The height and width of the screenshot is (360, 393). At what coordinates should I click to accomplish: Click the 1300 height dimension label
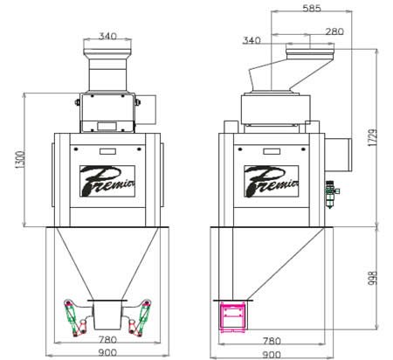pyautogui.click(x=21, y=159)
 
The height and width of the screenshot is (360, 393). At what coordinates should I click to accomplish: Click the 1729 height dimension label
pyautogui.click(x=373, y=137)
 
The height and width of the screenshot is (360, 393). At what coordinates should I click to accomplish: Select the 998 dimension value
pyautogui.click(x=373, y=278)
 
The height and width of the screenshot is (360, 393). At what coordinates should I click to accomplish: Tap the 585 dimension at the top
pyautogui.click(x=312, y=8)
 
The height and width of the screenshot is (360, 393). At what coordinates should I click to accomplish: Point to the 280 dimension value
pyautogui.click(x=334, y=31)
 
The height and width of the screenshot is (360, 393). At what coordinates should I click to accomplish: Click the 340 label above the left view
pyautogui.click(x=107, y=36)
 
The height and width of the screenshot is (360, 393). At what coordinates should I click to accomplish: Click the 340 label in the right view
pyautogui.click(x=252, y=40)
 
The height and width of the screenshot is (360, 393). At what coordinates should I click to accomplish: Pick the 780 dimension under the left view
pyautogui.click(x=107, y=340)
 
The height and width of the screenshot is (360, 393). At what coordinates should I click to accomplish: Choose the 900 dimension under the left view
pyautogui.click(x=107, y=353)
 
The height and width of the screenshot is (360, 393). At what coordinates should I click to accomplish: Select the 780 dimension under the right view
pyautogui.click(x=272, y=341)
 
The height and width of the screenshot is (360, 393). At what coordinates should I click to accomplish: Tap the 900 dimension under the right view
pyautogui.click(x=272, y=355)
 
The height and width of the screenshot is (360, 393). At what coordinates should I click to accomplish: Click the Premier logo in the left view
pyautogui.click(x=107, y=181)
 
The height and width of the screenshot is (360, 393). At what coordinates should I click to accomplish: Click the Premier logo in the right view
pyautogui.click(x=272, y=181)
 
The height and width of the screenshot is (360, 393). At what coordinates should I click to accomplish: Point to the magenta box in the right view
pyautogui.click(x=233, y=317)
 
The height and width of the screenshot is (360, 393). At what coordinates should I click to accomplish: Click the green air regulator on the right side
pyautogui.click(x=330, y=194)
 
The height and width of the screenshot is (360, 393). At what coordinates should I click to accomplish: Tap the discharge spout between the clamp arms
pyautogui.click(x=107, y=315)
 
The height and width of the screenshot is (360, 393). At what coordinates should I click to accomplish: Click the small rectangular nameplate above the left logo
pyautogui.click(x=107, y=151)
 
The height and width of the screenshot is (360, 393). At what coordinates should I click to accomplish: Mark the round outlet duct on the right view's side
pyautogui.click(x=338, y=155)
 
